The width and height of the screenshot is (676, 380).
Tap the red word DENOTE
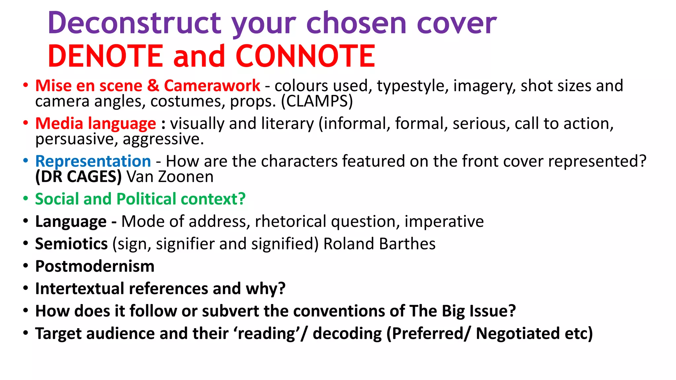pos(105,56)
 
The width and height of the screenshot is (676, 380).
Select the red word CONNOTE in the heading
pos(305,56)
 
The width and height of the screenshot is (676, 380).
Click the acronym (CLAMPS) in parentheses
pos(317,101)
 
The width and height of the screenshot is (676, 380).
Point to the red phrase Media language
pos(95,123)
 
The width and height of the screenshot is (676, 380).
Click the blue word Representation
pos(93,161)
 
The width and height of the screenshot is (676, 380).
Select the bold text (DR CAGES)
pos(79,177)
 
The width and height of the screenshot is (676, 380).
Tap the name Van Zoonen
pos(170,177)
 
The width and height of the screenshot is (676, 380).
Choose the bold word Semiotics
pos(71,244)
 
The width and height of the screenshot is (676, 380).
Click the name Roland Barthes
pos(379,244)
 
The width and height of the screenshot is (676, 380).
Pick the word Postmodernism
pos(95,266)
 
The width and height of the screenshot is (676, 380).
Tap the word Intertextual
pos(80,289)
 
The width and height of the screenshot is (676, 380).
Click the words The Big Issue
pos(462,311)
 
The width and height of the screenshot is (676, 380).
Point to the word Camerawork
pos(212,86)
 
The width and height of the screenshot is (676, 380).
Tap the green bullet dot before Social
pos(26,199)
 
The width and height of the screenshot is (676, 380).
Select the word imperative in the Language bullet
pos(444,221)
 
